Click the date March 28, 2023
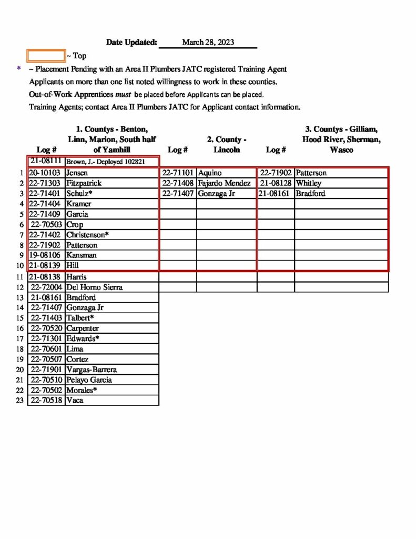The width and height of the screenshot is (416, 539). [x=208, y=42]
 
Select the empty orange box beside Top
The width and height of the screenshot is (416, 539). [x=46, y=55]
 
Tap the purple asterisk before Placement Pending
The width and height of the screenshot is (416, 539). [x=19, y=69]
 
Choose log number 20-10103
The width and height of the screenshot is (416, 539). [x=46, y=173]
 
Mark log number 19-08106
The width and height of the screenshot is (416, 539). [x=46, y=255]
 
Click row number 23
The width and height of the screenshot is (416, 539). [x=20, y=400]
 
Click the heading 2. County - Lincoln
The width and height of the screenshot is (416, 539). [x=227, y=145]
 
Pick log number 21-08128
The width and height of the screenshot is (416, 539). [x=276, y=183]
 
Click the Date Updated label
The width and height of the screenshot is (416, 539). [x=131, y=42]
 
